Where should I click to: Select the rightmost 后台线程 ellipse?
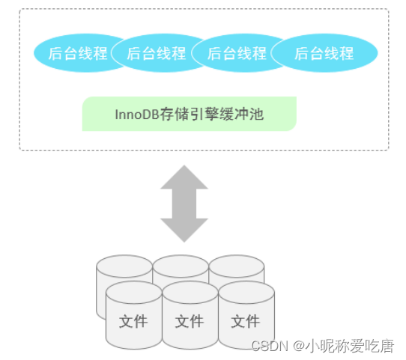tap(324, 53)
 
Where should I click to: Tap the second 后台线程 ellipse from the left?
tap(155, 53)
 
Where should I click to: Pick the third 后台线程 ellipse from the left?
tap(237, 53)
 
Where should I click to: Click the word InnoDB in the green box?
tap(136, 115)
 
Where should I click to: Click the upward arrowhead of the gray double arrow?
tap(184, 177)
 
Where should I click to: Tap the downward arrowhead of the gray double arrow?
tap(184, 231)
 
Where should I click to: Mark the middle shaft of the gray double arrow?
tap(184, 204)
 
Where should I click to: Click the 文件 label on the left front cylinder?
tap(133, 322)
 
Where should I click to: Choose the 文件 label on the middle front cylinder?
tap(190, 322)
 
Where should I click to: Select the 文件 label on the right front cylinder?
tap(245, 322)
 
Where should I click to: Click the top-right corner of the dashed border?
tap(387, 10)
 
